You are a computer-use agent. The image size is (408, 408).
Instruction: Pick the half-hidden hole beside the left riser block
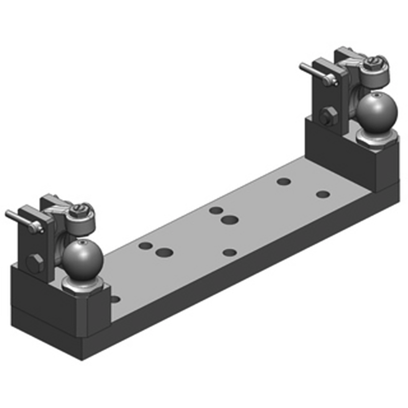115,299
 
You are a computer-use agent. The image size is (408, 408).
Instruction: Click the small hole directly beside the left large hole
146,246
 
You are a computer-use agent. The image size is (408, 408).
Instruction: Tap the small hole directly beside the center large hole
216,210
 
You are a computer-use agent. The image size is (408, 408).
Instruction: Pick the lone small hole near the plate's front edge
230,252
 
